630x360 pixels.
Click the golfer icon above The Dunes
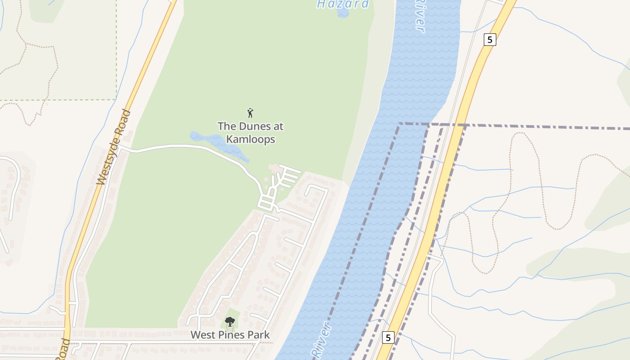(251, 113)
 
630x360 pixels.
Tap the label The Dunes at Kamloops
(251, 133)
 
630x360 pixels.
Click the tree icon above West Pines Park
(230, 322)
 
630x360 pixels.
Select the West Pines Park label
(230, 335)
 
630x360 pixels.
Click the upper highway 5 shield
(490, 40)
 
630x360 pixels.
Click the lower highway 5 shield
(388, 337)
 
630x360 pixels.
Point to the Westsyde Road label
(114, 147)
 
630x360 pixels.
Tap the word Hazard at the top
(343, 4)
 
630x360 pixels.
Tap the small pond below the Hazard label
(343, 13)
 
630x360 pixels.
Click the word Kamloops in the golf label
(251, 139)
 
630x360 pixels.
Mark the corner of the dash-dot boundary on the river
(399, 123)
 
